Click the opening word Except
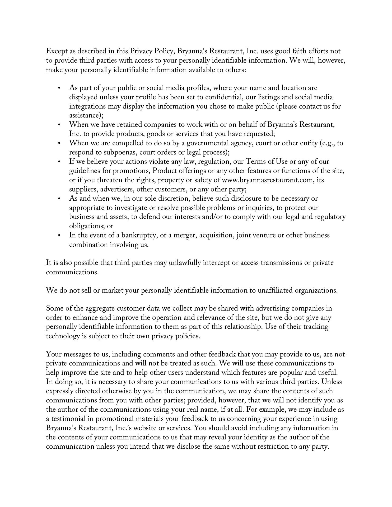(x=55, y=51)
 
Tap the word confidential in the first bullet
(x=223, y=97)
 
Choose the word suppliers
(x=83, y=189)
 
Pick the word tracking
(x=316, y=327)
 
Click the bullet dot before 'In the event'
(x=59, y=235)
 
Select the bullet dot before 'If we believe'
(x=59, y=161)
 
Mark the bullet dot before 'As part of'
(x=59, y=88)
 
